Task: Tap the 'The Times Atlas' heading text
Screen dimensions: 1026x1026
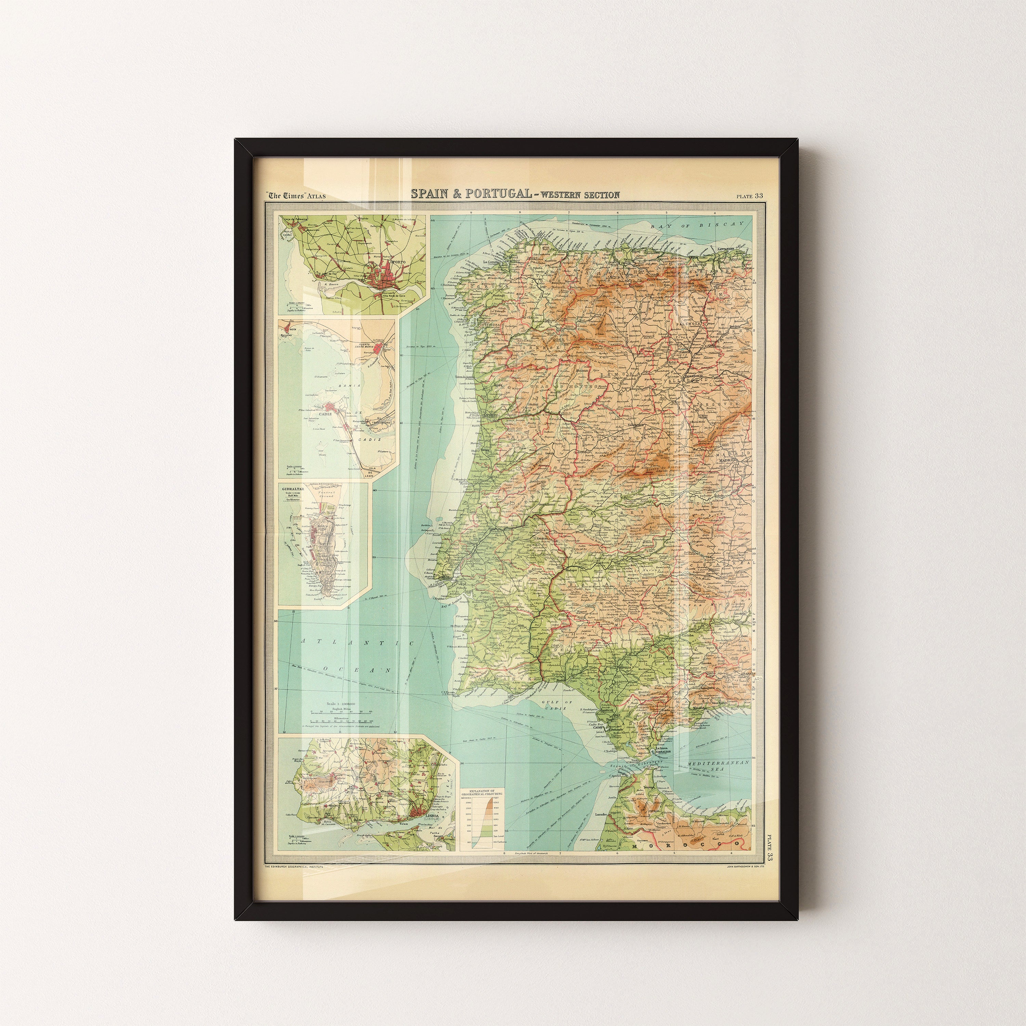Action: [x=296, y=195]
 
